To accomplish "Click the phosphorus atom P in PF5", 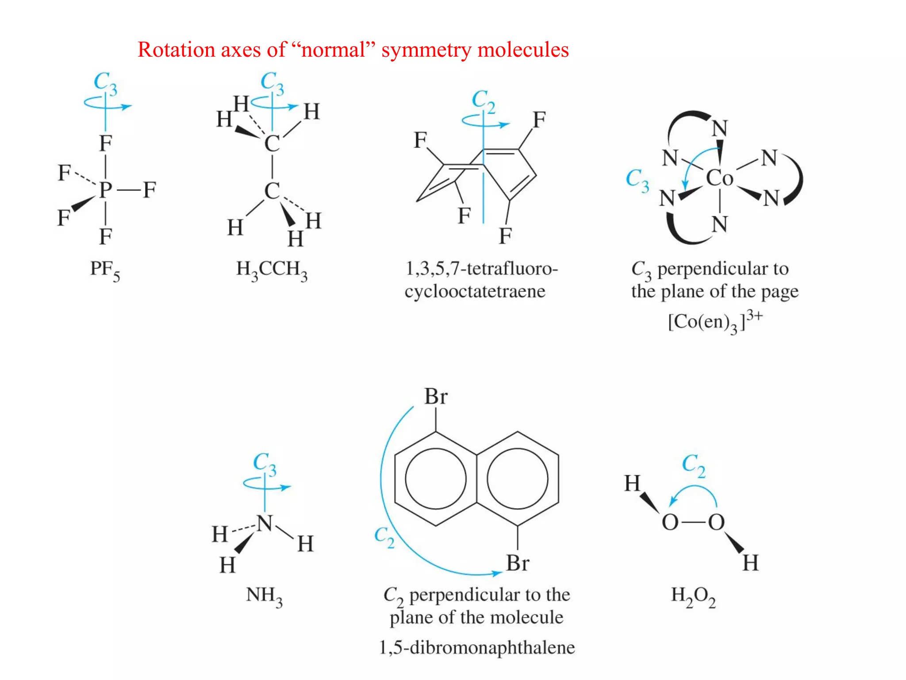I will (x=105, y=190).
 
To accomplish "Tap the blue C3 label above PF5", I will (x=105, y=83).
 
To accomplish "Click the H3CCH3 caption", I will (x=272, y=270).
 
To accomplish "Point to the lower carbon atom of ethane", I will (x=272, y=191).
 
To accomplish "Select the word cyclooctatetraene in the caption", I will (x=475, y=291).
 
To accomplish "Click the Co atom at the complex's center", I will (x=719, y=178).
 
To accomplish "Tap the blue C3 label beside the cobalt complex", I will (x=637, y=180).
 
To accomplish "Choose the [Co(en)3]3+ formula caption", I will (x=715, y=321).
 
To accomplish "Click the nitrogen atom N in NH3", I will (x=265, y=523).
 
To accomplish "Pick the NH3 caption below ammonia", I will (x=264, y=596).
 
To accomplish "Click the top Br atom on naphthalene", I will (x=436, y=396).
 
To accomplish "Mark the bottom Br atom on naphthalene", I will (x=518, y=563).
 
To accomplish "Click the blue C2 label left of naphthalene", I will (x=384, y=537).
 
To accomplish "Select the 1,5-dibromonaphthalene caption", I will (x=477, y=647).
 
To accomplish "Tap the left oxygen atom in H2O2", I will (x=670, y=522).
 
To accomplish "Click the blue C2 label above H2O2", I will (x=693, y=465).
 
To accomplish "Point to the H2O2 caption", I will (x=693, y=596).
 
